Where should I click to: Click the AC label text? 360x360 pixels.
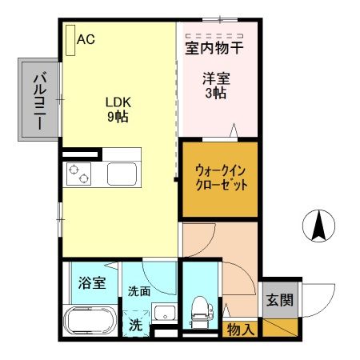coord(86,38)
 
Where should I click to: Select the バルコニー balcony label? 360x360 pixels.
coord(38,102)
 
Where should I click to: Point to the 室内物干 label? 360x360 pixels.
coord(214,49)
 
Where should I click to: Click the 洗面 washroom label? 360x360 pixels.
coord(139,291)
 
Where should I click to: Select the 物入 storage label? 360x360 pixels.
coord(241,329)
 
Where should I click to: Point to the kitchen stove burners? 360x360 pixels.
coord(79,172)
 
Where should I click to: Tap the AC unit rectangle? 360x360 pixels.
coord(71,39)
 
